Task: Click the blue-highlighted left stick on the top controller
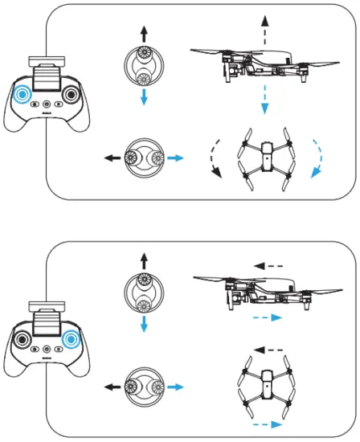coord(22,95)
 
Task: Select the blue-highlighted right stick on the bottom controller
coord(72,338)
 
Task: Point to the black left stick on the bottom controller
coord(22,338)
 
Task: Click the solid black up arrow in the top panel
coord(144,34)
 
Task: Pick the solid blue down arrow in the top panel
coord(144,96)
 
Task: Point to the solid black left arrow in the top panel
coord(106,158)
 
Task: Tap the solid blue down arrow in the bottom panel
coord(144,325)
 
